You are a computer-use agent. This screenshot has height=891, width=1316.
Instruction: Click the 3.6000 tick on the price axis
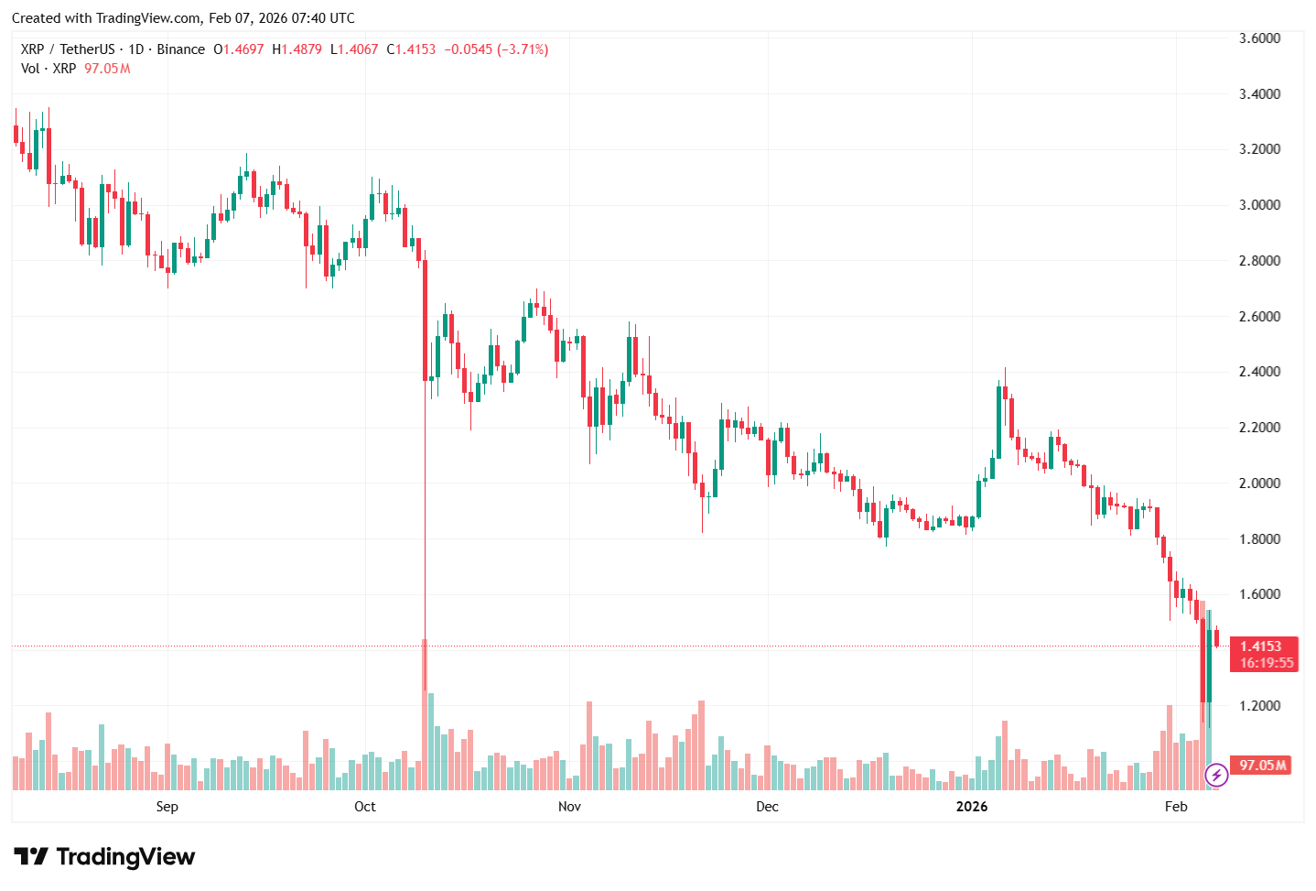[1259, 38]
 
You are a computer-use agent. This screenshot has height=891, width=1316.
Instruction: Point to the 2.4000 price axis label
[1259, 372]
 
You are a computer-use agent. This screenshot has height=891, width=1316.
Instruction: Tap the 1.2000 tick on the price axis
[1259, 706]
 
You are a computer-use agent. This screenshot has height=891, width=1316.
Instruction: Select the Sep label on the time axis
[167, 807]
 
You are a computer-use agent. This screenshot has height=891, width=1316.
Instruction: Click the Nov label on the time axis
[569, 807]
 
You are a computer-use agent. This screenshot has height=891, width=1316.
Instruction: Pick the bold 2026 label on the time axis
[971, 807]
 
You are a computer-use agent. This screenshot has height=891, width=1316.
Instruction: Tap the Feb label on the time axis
[1176, 807]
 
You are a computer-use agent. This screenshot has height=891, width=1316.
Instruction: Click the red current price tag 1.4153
[1261, 647]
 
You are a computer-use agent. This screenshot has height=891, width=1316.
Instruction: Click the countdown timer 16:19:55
[1267, 663]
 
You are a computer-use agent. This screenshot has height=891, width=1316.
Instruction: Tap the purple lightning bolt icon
[1216, 776]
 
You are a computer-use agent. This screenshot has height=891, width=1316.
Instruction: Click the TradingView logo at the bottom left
[104, 857]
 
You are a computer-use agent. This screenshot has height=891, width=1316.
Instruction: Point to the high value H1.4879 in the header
[297, 49]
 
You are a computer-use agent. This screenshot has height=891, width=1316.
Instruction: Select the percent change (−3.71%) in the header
[522, 49]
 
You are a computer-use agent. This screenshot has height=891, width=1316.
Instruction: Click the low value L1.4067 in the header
[353, 49]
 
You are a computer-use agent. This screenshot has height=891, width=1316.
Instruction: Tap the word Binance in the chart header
[180, 49]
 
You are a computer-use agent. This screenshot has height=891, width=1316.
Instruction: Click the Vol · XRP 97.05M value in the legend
[107, 69]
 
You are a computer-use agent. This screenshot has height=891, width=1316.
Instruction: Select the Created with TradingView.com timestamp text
[183, 18]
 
